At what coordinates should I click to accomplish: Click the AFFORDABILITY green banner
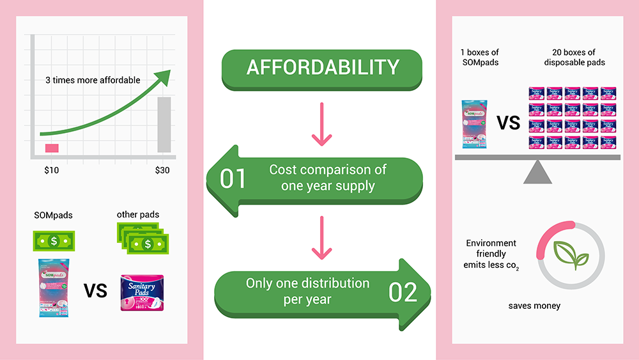[x=322, y=67]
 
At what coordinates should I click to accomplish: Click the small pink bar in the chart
[x=52, y=148]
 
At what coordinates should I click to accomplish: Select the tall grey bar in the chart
[x=164, y=124]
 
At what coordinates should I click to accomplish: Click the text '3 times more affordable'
[x=93, y=81]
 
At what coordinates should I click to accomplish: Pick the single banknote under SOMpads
[x=54, y=241]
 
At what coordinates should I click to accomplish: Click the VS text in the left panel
[x=95, y=291]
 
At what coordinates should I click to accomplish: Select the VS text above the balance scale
[x=509, y=122]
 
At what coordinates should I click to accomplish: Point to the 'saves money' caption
[x=534, y=306]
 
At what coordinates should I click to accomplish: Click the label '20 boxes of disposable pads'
[x=573, y=57]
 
